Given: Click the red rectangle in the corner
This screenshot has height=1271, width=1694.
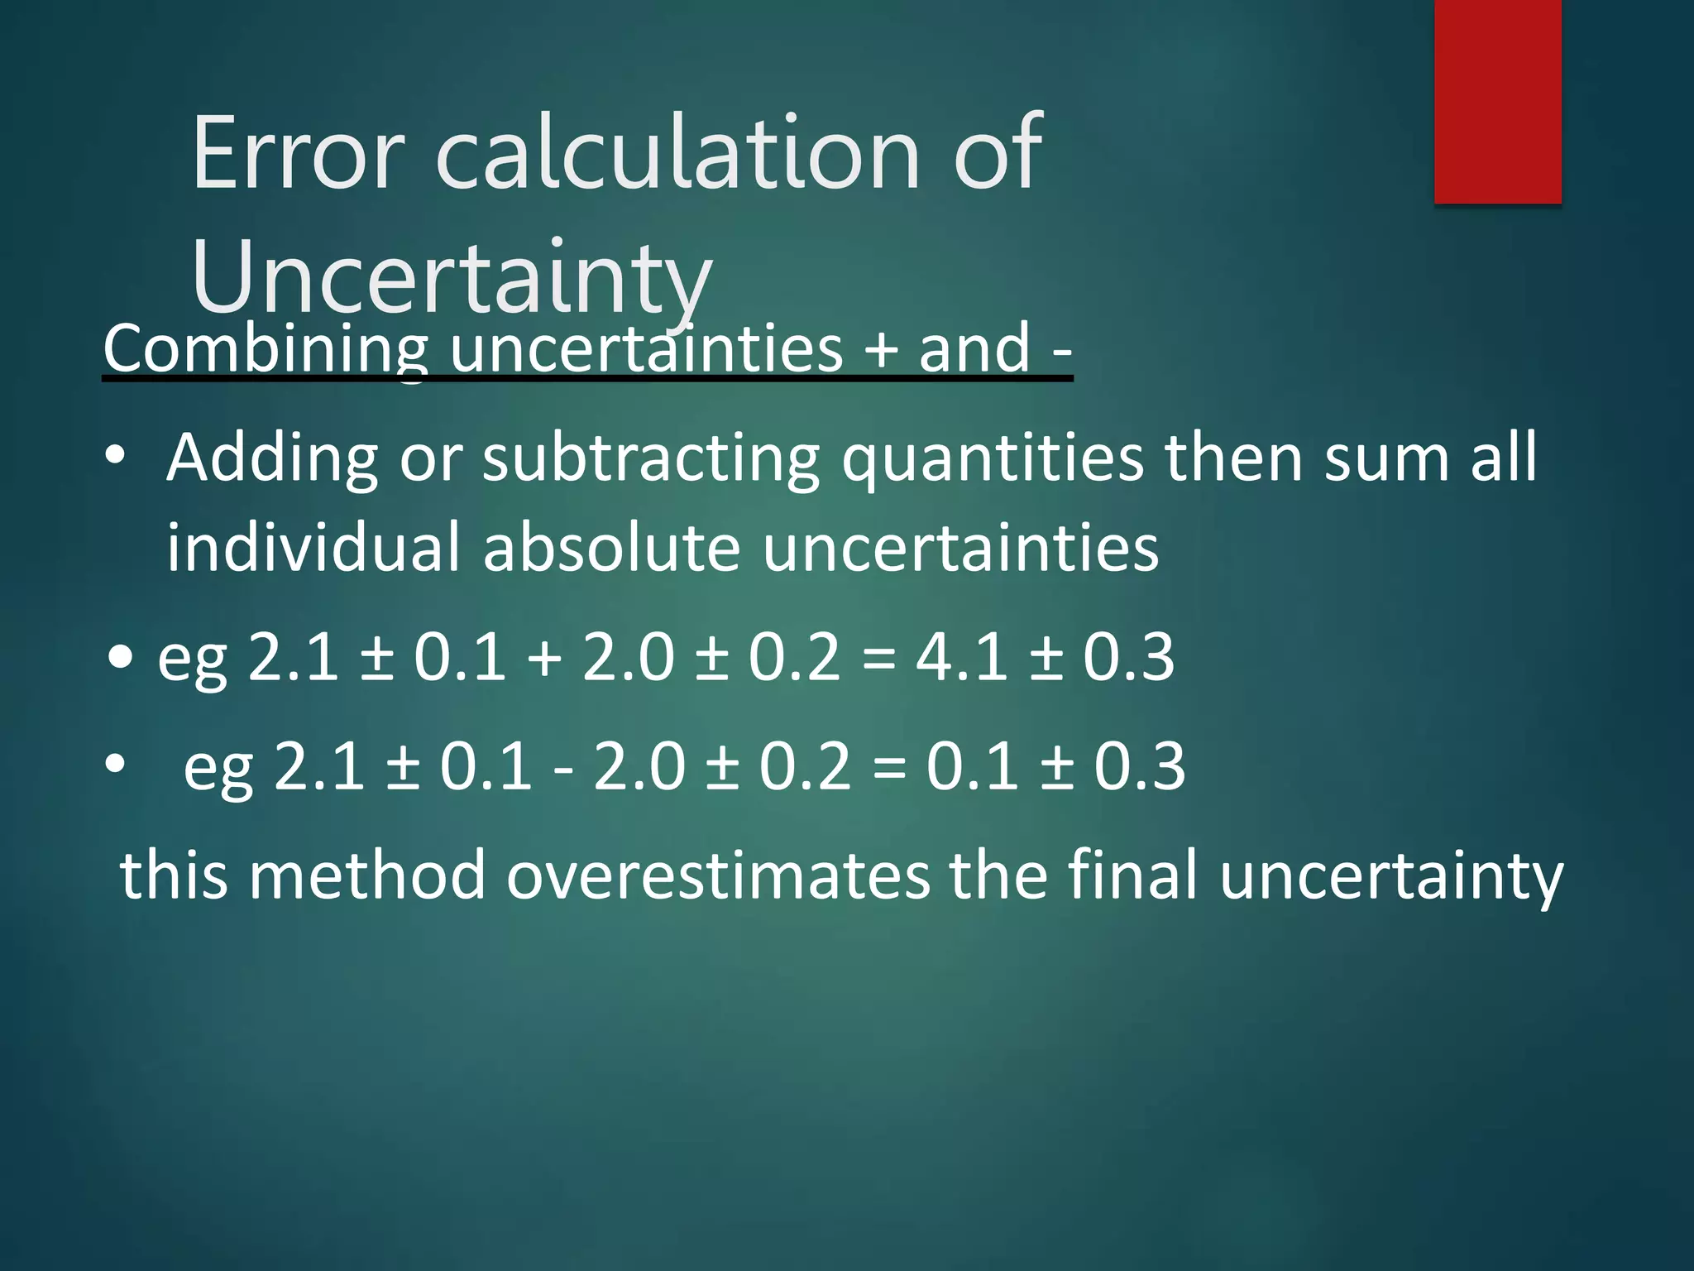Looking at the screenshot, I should click(1497, 101).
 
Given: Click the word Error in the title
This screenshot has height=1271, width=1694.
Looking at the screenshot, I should click(298, 153).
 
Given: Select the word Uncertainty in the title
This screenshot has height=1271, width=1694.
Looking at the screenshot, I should click(451, 277).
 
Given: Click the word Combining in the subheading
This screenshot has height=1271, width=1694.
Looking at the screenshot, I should click(266, 349).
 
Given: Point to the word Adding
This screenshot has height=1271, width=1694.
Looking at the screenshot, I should click(272, 458).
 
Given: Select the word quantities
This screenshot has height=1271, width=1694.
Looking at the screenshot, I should click(993, 458).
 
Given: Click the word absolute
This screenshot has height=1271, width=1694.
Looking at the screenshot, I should click(612, 548).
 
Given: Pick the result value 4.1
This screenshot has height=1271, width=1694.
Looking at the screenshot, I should click(962, 657).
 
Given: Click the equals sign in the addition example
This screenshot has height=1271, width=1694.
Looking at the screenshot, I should click(878, 659).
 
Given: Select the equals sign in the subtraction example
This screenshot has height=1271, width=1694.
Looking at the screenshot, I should click(889, 768).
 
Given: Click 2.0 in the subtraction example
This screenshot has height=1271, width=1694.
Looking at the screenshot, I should click(639, 766).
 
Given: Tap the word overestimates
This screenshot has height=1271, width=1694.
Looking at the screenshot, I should click(718, 875).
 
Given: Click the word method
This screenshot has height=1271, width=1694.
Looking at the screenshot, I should click(367, 875).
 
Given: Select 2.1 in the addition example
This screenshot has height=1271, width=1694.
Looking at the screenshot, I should click(294, 657).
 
